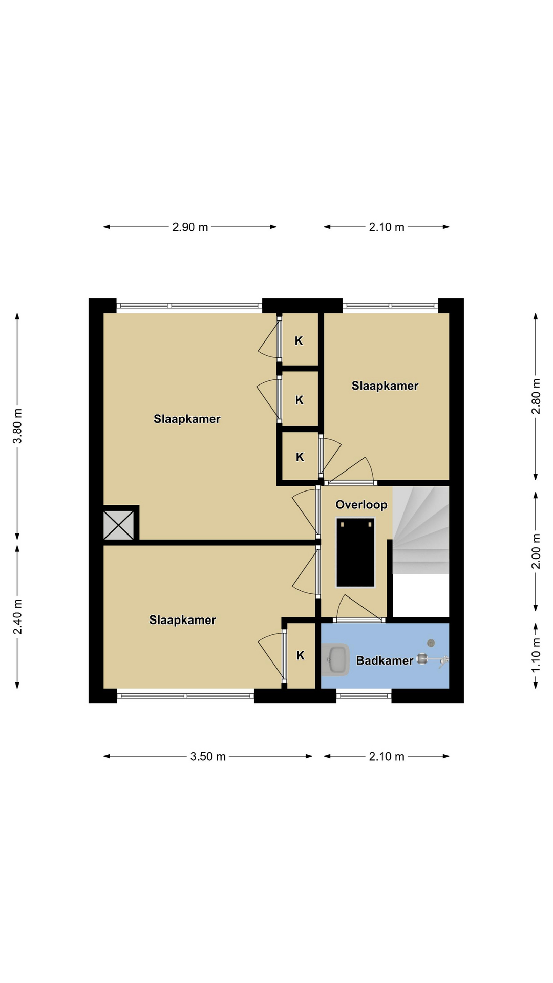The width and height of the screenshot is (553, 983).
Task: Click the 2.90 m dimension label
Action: (x=190, y=227)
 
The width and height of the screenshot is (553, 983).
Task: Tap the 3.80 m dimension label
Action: (x=17, y=426)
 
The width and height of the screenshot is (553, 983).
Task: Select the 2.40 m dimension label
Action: (x=17, y=616)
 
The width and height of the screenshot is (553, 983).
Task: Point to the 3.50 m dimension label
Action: (x=208, y=757)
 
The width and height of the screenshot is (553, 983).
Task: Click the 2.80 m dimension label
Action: (x=536, y=397)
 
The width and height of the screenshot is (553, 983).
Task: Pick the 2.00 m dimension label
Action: (x=536, y=551)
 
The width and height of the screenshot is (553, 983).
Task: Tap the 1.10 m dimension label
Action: (x=536, y=655)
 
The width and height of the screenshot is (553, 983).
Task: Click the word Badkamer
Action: (x=385, y=660)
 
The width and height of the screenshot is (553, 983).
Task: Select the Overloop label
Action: (x=361, y=505)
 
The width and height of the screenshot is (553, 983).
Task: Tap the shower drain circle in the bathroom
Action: (x=431, y=643)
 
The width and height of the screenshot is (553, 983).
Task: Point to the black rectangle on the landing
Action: (x=355, y=552)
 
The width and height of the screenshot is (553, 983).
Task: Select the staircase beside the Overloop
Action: (x=421, y=530)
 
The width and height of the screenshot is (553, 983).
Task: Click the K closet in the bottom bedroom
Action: (x=301, y=655)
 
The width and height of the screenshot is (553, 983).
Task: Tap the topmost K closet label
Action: (x=299, y=341)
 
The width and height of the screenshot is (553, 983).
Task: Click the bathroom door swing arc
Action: (x=358, y=607)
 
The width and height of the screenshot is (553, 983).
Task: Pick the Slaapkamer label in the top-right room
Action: (x=385, y=386)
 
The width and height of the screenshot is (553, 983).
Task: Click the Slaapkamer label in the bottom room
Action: (x=183, y=621)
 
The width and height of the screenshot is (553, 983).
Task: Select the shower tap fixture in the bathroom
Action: (x=433, y=660)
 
